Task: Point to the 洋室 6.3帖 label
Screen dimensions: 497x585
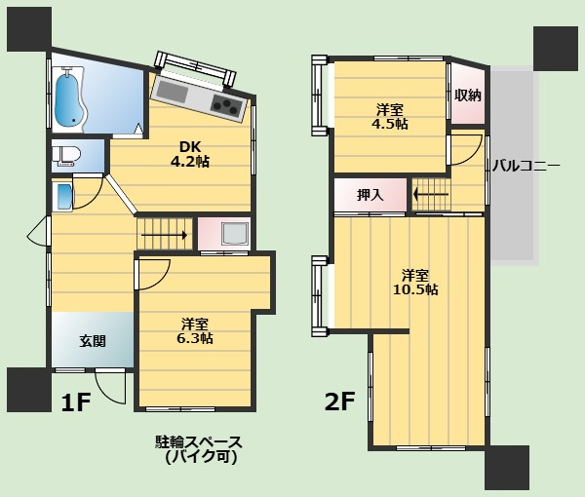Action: (195, 330)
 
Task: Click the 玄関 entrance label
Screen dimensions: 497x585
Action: (93, 341)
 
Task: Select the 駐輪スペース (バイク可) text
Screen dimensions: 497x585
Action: (199, 448)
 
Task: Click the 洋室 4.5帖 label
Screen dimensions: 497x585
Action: (389, 116)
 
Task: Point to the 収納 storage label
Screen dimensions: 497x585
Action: (467, 96)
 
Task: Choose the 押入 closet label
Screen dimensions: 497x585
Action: (370, 195)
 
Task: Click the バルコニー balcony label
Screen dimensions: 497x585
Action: (526, 166)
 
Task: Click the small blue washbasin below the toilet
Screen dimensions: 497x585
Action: (63, 196)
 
